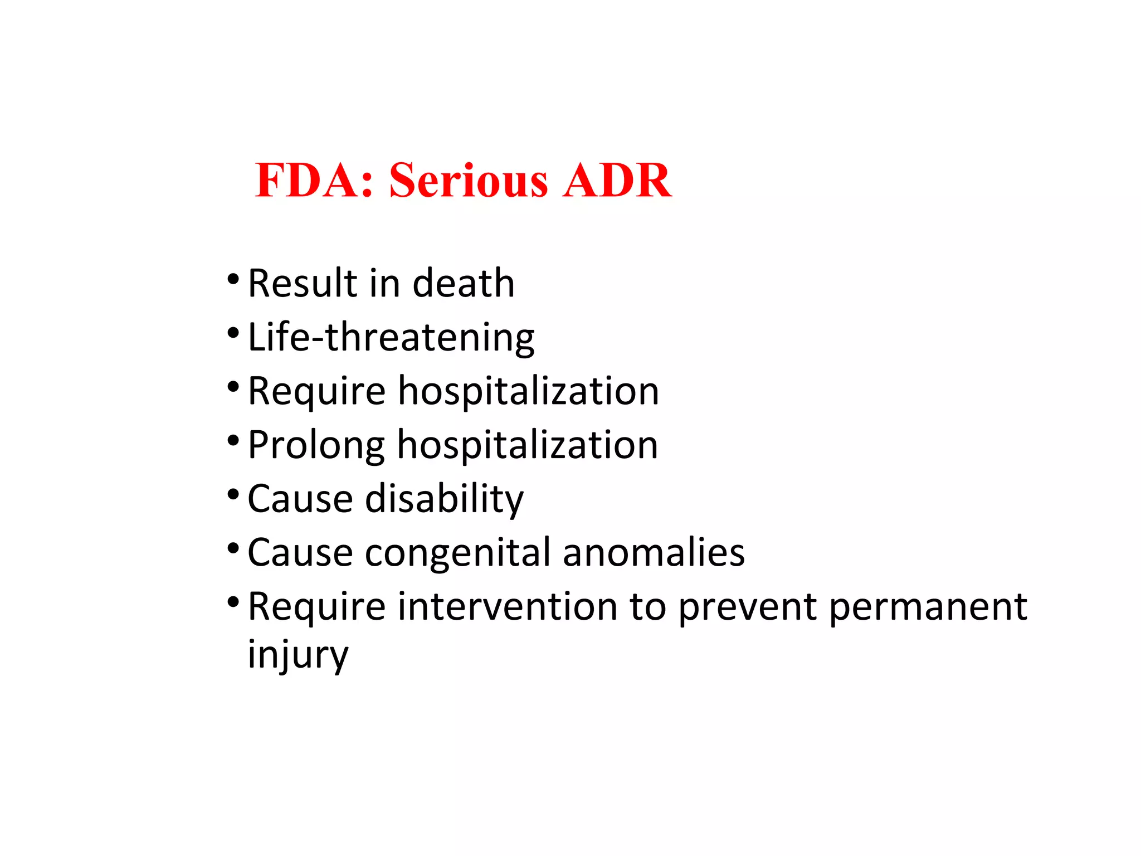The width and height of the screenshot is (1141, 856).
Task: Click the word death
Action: (x=464, y=283)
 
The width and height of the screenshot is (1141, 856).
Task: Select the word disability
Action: (x=444, y=498)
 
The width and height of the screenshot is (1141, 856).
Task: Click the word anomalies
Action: (x=654, y=552)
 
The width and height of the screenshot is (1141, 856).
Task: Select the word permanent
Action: (x=928, y=607)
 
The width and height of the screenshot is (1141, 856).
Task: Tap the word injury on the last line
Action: (x=298, y=655)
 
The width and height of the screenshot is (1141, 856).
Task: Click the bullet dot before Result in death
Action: (x=233, y=278)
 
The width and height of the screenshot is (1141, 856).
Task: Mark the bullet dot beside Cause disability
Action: (x=233, y=494)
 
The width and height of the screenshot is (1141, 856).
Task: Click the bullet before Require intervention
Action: (x=233, y=602)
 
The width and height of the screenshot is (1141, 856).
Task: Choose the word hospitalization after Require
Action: (x=529, y=391)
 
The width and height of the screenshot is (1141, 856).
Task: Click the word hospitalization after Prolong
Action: (x=528, y=445)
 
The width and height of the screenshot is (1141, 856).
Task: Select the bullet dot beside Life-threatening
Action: (x=233, y=333)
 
